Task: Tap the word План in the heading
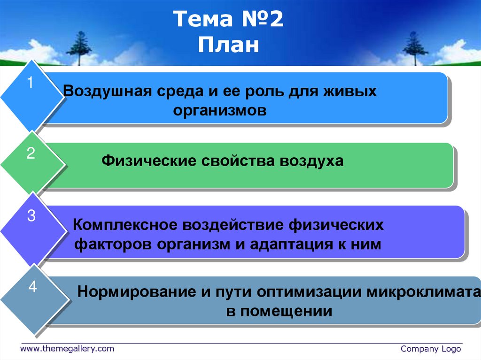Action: click(x=228, y=46)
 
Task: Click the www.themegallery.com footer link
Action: click(x=67, y=349)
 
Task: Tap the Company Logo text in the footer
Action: click(x=431, y=349)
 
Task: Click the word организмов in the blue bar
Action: click(x=220, y=111)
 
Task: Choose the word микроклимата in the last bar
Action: click(x=422, y=291)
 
